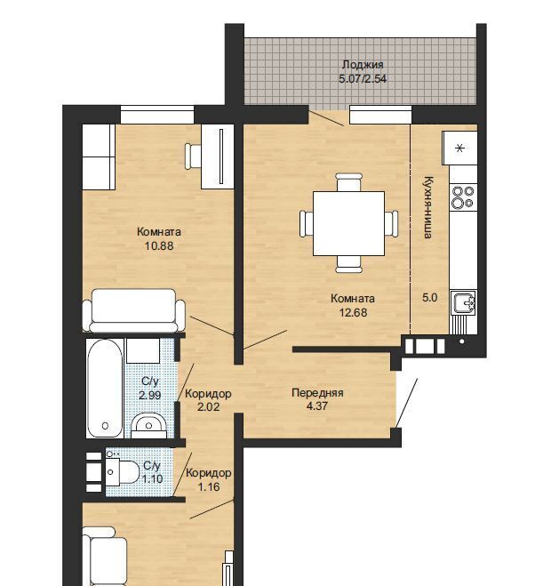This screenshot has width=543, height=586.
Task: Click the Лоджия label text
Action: click(363, 65)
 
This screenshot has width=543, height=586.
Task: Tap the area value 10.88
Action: click(159, 246)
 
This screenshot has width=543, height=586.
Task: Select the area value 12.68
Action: click(353, 312)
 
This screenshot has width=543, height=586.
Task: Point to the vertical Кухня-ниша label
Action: click(428, 207)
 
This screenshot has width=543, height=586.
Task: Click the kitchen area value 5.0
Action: click(429, 298)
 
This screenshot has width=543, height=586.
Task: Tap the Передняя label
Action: click(317, 393)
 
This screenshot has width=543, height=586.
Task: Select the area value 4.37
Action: click(317, 405)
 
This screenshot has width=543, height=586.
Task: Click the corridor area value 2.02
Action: click(208, 406)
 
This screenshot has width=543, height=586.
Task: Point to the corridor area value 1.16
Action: click(209, 487)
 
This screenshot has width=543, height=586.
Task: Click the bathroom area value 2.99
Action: click(150, 395)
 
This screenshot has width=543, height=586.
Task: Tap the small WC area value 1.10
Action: click(152, 479)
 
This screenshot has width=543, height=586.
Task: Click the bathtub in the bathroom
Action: click(105, 389)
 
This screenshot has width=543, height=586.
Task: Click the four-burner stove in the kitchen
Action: click(463, 197)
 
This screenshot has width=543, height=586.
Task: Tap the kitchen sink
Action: click(463, 302)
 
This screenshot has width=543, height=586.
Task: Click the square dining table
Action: click(348, 223)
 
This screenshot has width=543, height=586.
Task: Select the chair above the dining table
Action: click(348, 182)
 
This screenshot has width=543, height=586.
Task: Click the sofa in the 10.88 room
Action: click(133, 310)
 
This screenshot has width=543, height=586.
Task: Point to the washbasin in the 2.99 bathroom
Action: click(148, 426)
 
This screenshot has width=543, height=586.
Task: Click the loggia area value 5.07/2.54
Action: click(363, 79)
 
